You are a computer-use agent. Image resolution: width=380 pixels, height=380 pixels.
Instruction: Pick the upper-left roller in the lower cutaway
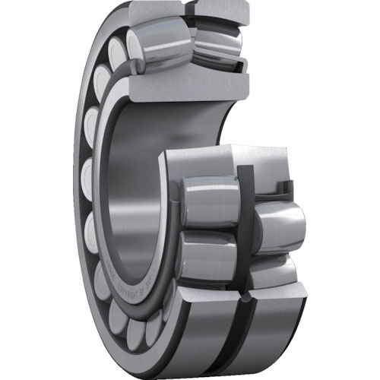[x=209, y=201]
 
